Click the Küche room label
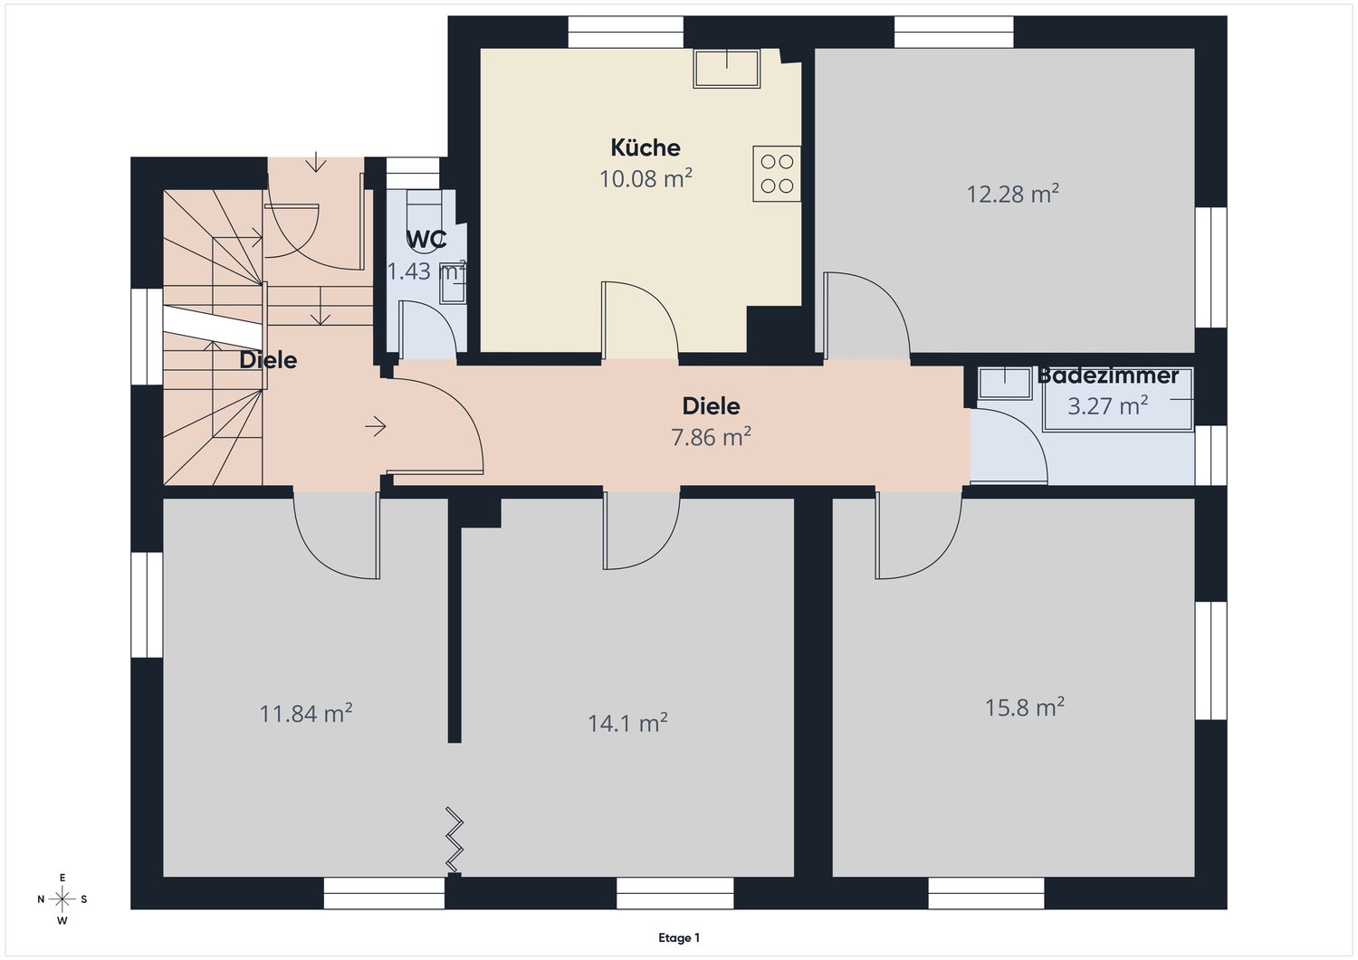pyautogui.click(x=645, y=147)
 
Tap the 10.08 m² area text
pyautogui.click(x=646, y=179)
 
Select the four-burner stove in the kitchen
pyautogui.click(x=777, y=174)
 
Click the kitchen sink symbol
pyautogui.click(x=727, y=69)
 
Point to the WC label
pyautogui.click(x=426, y=240)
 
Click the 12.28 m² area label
pyautogui.click(x=1012, y=194)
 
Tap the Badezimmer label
pyautogui.click(x=1107, y=375)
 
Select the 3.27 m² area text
pyautogui.click(x=1107, y=405)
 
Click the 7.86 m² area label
pyautogui.click(x=711, y=436)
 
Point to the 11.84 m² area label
pyautogui.click(x=306, y=713)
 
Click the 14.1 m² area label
pyautogui.click(x=628, y=723)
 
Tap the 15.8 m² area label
pyautogui.click(x=1025, y=707)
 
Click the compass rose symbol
pyautogui.click(x=62, y=899)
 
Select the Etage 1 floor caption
pyautogui.click(x=679, y=937)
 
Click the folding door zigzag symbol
pyautogui.click(x=454, y=840)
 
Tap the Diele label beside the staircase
pyautogui.click(x=268, y=360)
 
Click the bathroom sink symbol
pyautogui.click(x=1005, y=384)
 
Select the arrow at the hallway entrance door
pyautogui.click(x=376, y=427)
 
